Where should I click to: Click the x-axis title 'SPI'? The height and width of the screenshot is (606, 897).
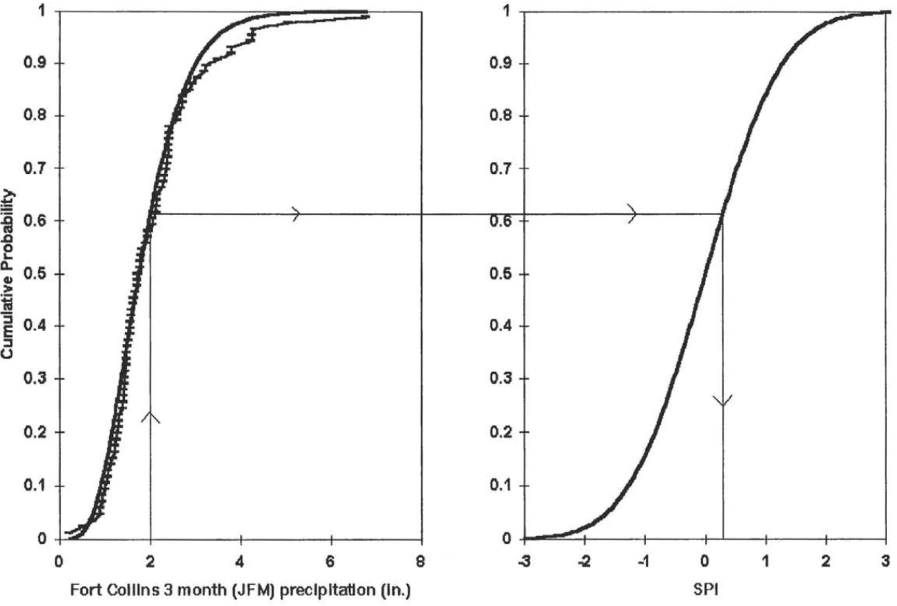coord(706,590)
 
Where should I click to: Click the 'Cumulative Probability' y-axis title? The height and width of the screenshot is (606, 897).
coord(7,274)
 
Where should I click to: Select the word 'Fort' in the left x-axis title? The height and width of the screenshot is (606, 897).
coord(83,590)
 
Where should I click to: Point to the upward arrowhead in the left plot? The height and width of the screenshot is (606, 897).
coord(151,417)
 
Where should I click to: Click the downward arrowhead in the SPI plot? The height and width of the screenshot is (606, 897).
coord(722,401)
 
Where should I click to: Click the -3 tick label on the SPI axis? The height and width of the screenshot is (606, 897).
coord(524,561)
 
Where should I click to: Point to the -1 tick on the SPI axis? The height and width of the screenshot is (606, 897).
coord(645,561)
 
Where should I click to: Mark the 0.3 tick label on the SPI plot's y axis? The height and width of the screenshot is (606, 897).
coord(501,379)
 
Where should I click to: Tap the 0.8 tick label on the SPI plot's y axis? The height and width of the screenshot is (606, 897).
coord(501,116)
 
